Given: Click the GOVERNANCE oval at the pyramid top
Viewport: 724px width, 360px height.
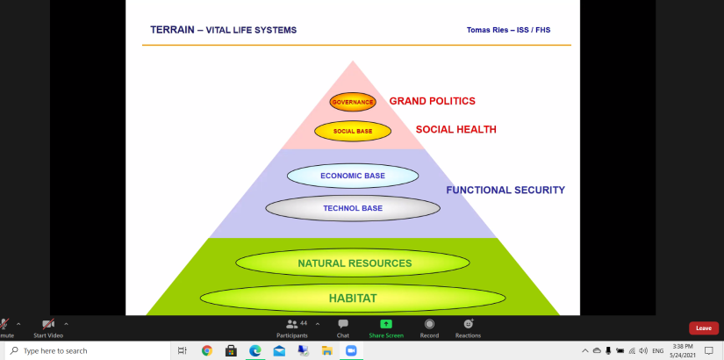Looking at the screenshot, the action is tap(353, 102).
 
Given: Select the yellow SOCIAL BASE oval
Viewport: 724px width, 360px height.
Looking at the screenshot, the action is tap(353, 131).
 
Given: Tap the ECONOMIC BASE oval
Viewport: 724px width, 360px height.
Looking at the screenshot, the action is tap(353, 176).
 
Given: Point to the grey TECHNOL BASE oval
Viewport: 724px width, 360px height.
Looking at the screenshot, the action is tap(353, 208).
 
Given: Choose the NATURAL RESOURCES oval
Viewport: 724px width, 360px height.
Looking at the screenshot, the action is tap(353, 263).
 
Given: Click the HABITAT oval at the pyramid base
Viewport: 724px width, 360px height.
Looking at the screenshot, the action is tap(353, 298).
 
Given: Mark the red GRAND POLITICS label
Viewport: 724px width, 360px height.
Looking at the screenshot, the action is tap(432, 101).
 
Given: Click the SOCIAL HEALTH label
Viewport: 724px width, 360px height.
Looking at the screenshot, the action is tap(456, 130).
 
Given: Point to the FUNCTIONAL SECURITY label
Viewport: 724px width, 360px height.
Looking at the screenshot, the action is tap(505, 190).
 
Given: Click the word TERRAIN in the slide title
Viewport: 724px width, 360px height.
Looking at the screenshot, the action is tap(172, 30).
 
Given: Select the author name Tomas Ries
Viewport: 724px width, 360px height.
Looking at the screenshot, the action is tap(486, 30).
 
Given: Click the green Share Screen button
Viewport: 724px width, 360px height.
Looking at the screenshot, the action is tap(386, 328).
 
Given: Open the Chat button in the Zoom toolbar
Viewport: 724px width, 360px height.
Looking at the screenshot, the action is tap(343, 328).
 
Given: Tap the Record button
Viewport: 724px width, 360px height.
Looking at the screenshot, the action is tap(429, 328).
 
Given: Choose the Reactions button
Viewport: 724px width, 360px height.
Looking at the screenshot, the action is tap(469, 328).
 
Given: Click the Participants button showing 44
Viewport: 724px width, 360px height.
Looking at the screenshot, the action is tap(292, 328).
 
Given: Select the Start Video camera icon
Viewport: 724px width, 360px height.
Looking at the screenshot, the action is tap(48, 324).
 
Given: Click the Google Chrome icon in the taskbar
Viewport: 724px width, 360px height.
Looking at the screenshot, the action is tap(207, 350).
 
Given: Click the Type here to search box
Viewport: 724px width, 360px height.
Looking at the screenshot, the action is tap(88, 350).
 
